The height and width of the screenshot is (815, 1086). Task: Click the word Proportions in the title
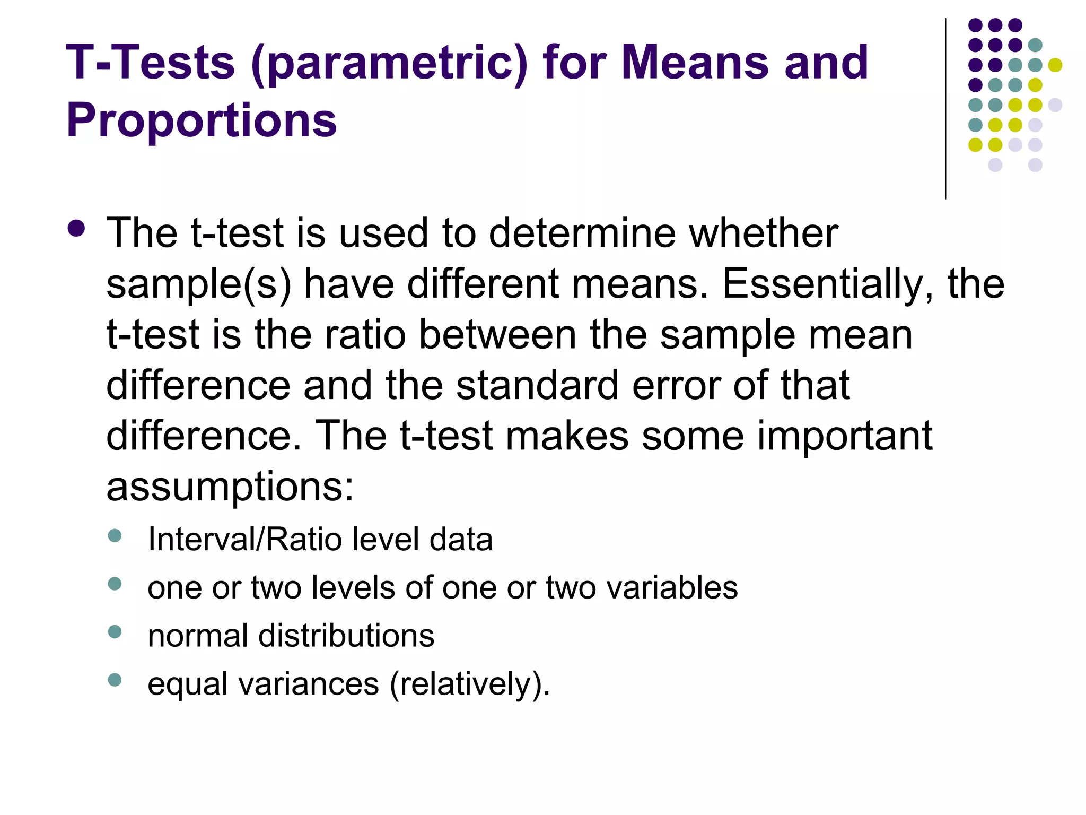(201, 120)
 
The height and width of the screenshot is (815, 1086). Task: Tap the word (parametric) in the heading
(389, 63)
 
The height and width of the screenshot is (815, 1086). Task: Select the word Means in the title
(695, 63)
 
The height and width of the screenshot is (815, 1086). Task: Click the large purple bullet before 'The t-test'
(76, 228)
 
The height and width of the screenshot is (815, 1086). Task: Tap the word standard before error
(537, 385)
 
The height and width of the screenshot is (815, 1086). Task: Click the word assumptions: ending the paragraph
(230, 487)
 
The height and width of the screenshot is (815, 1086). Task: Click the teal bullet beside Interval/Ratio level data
(115, 535)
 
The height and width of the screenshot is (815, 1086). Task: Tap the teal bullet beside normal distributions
(115, 631)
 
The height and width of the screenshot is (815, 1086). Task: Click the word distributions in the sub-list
(346, 636)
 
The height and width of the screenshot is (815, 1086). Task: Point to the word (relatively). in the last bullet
(470, 684)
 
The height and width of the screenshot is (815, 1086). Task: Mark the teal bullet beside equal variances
(115, 680)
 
